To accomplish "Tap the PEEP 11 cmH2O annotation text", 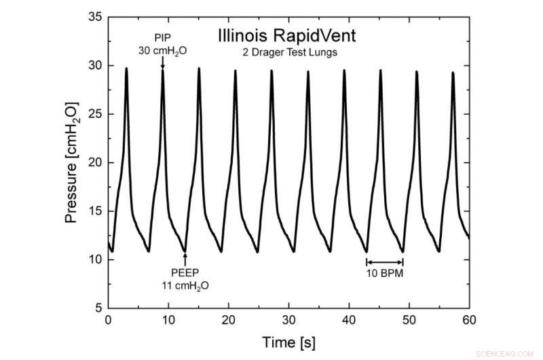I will click(x=185, y=279).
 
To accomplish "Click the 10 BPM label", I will click(x=384, y=276).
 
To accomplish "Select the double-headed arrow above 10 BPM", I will click(x=385, y=262).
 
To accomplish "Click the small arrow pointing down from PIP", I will click(x=162, y=63).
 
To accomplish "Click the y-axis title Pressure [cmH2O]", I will click(x=72, y=163).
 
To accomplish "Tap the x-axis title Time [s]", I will click(x=288, y=340).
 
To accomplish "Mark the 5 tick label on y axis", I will click(x=98, y=308).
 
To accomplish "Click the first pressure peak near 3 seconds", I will click(x=126, y=69).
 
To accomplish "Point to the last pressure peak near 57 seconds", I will click(x=453, y=73).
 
